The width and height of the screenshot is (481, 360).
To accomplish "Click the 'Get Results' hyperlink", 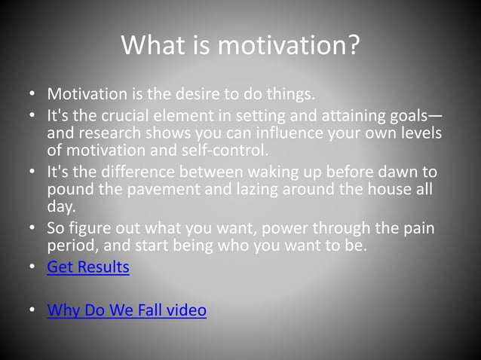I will coord(87,267).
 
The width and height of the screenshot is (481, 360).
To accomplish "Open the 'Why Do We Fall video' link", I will coord(126,310).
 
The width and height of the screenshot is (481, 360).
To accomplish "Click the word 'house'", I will coord(385,190).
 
